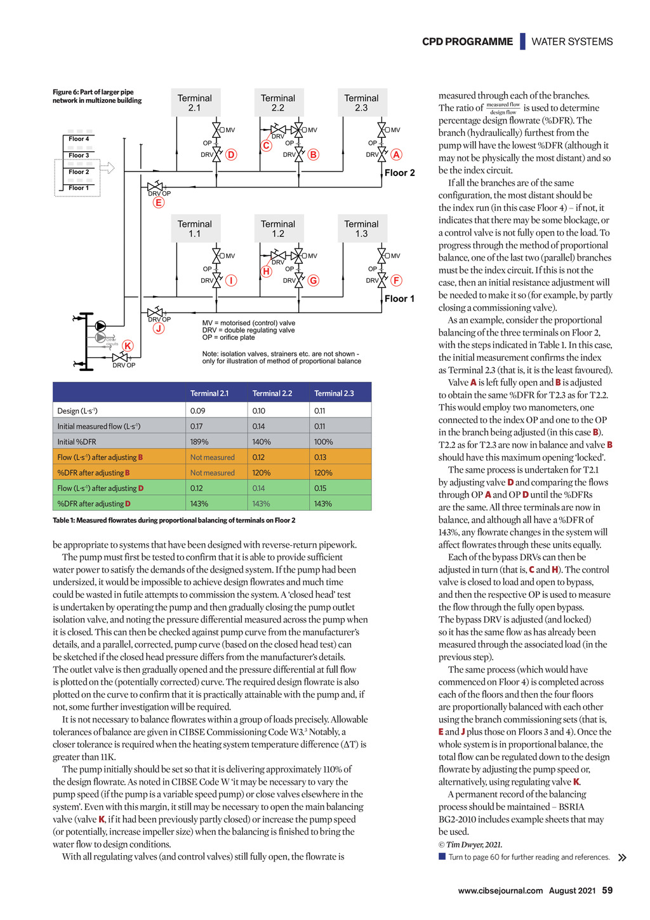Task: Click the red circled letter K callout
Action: point(128,346)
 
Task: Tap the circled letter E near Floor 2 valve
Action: point(159,203)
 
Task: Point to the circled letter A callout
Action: point(396,154)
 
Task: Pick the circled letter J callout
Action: point(159,328)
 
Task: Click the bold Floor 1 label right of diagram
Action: point(399,299)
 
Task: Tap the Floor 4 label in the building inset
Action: point(79,139)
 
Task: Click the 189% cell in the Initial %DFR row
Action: point(199,442)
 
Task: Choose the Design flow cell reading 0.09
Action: point(197,411)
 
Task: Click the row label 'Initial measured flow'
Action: point(99,426)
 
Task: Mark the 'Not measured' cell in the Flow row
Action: point(212,457)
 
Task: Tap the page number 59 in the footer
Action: point(607,890)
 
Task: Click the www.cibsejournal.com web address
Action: point(500,891)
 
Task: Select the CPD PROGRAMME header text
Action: point(467,42)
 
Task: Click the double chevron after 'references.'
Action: point(622,858)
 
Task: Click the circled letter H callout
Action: point(267,271)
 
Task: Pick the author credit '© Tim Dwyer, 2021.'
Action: point(470,845)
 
